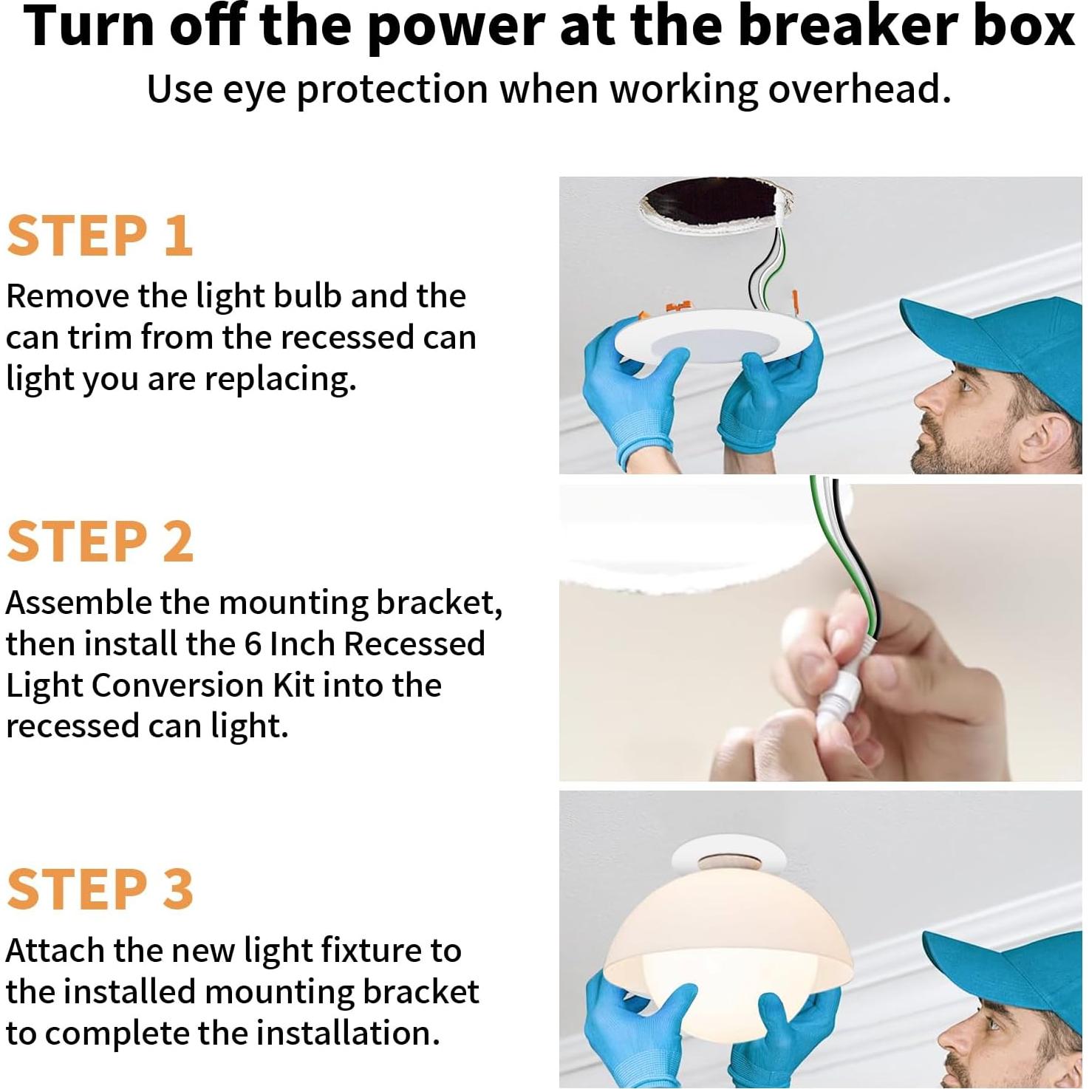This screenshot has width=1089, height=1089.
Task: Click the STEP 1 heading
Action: point(100,236)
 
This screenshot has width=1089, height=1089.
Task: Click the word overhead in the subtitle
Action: point(859,89)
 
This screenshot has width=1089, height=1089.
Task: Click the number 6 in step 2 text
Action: point(253,643)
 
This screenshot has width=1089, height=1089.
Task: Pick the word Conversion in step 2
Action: point(177,685)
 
